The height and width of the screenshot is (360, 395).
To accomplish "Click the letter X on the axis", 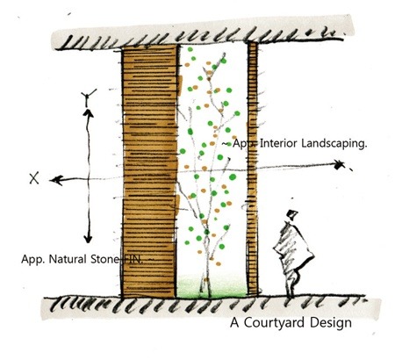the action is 34,178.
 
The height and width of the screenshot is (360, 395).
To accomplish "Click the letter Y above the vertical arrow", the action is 88,97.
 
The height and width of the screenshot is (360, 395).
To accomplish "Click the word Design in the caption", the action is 331,323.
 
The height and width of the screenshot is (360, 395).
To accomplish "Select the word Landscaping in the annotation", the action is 334,144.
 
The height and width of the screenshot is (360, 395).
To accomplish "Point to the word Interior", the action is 278,143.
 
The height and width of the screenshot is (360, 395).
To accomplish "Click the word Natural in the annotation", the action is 68,259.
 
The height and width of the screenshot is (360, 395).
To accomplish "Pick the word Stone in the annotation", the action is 104,259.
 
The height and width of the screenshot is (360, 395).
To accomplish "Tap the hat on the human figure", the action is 292,215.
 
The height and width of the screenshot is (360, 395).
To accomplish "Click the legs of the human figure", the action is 291,284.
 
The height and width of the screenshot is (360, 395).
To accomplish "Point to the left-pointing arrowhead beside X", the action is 56,180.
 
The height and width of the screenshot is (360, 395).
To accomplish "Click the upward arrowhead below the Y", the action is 88,113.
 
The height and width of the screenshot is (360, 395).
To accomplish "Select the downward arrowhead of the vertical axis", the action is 88,239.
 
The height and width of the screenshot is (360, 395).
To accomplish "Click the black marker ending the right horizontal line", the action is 339,165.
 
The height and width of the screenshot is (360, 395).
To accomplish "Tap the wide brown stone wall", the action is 149,172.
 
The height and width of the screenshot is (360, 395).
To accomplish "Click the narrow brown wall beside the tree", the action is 253,169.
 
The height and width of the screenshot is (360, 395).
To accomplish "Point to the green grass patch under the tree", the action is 212,287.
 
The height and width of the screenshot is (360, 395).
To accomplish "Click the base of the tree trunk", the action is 205,290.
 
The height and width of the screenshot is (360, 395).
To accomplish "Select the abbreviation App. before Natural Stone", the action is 32,260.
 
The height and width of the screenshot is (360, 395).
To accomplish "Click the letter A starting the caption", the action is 234,323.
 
